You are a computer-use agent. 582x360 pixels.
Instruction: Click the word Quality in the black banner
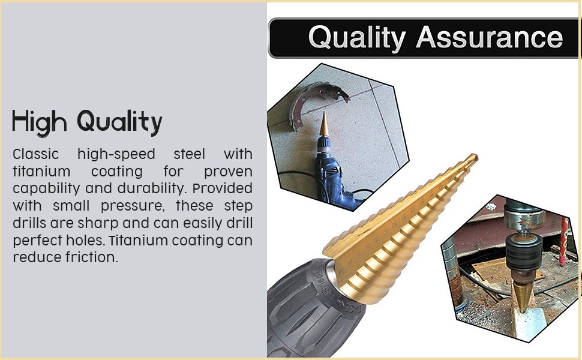tap(356, 38)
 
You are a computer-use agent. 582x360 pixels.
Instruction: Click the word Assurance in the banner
tap(489, 37)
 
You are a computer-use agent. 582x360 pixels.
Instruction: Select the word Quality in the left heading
tap(119, 122)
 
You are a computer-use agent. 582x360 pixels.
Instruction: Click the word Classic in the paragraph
tap(35, 154)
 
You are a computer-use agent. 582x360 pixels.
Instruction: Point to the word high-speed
tap(116, 154)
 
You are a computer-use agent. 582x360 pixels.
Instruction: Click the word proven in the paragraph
tap(228, 172)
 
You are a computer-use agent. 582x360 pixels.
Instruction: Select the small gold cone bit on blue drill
tap(323, 124)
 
